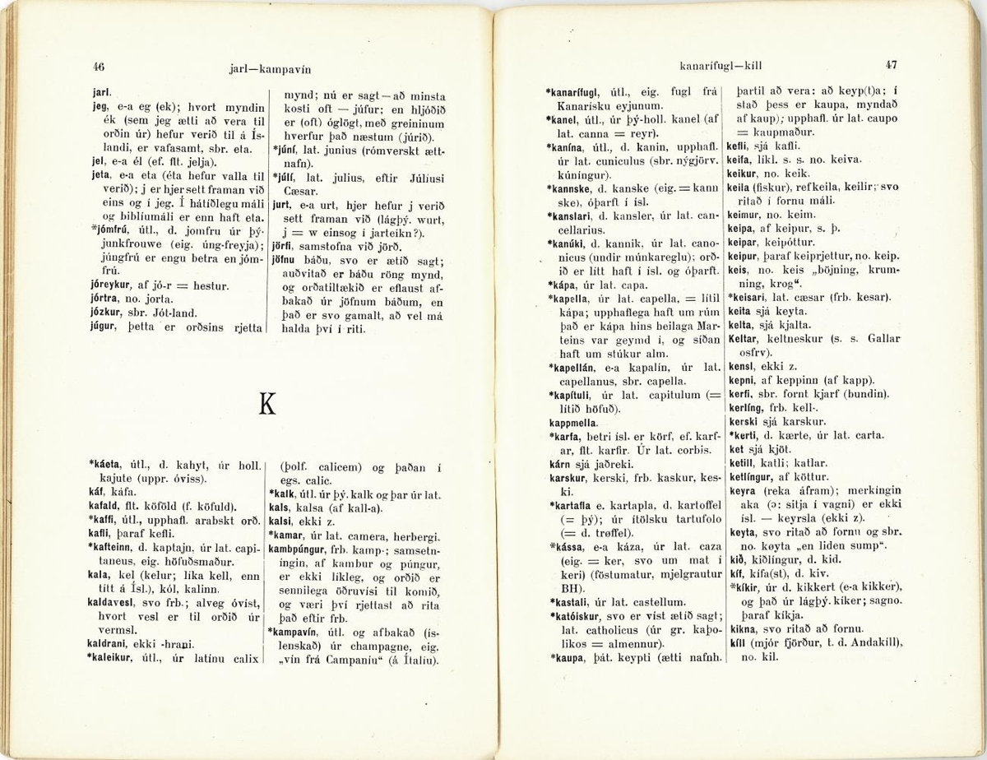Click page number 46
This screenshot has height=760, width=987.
coord(99,67)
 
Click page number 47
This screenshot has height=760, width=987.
coord(891,63)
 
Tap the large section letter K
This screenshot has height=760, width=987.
coord(266,403)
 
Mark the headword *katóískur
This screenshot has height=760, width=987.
coord(582,616)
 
